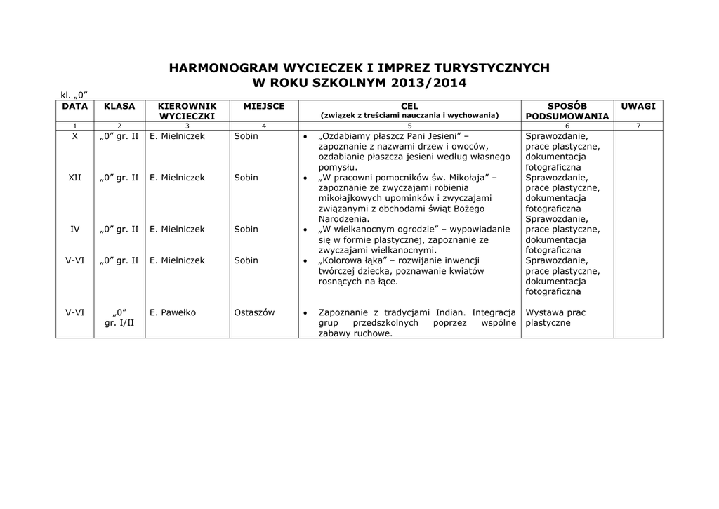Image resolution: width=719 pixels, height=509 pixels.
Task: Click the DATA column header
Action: point(75,106)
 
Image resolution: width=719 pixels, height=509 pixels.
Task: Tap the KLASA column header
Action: point(119,106)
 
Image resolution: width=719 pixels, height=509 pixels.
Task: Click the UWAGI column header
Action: point(638,106)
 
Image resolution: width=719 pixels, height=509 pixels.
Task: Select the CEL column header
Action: point(409,106)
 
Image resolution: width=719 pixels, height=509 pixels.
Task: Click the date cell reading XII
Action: point(75,178)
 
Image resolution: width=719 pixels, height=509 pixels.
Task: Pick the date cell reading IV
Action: point(75,230)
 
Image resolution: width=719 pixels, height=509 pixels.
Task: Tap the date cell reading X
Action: point(75,136)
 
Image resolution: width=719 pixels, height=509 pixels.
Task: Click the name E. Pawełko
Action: point(173,312)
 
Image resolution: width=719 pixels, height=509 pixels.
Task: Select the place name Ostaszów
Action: point(254,312)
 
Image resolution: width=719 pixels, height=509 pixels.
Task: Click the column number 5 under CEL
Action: point(409,126)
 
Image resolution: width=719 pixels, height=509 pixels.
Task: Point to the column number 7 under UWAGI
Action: point(638,126)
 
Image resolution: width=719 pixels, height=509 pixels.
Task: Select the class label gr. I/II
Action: point(119,323)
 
